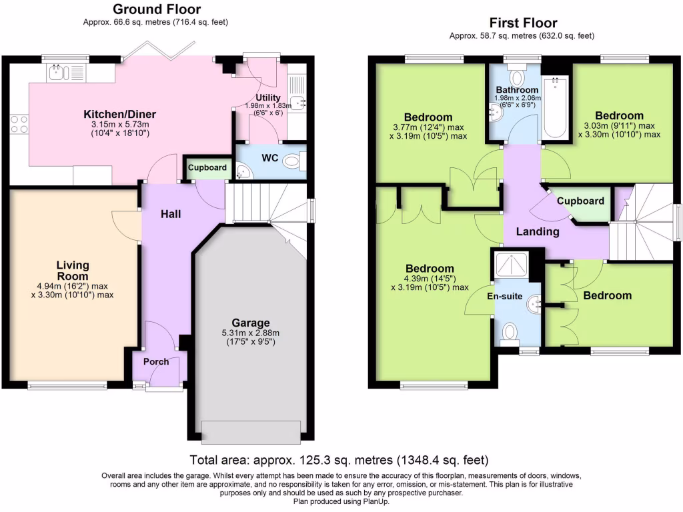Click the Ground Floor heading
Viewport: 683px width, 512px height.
pyautogui.click(x=156, y=9)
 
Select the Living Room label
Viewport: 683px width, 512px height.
pyautogui.click(x=72, y=271)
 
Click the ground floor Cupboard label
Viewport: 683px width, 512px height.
pyautogui.click(x=207, y=168)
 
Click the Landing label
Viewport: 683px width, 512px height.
pyautogui.click(x=538, y=232)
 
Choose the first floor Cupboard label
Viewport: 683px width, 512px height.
pyautogui.click(x=580, y=201)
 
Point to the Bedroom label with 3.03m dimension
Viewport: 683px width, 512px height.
pyautogui.click(x=620, y=115)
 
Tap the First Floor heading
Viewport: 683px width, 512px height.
pyautogui.click(x=523, y=23)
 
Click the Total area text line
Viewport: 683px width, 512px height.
pyautogui.click(x=339, y=460)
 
